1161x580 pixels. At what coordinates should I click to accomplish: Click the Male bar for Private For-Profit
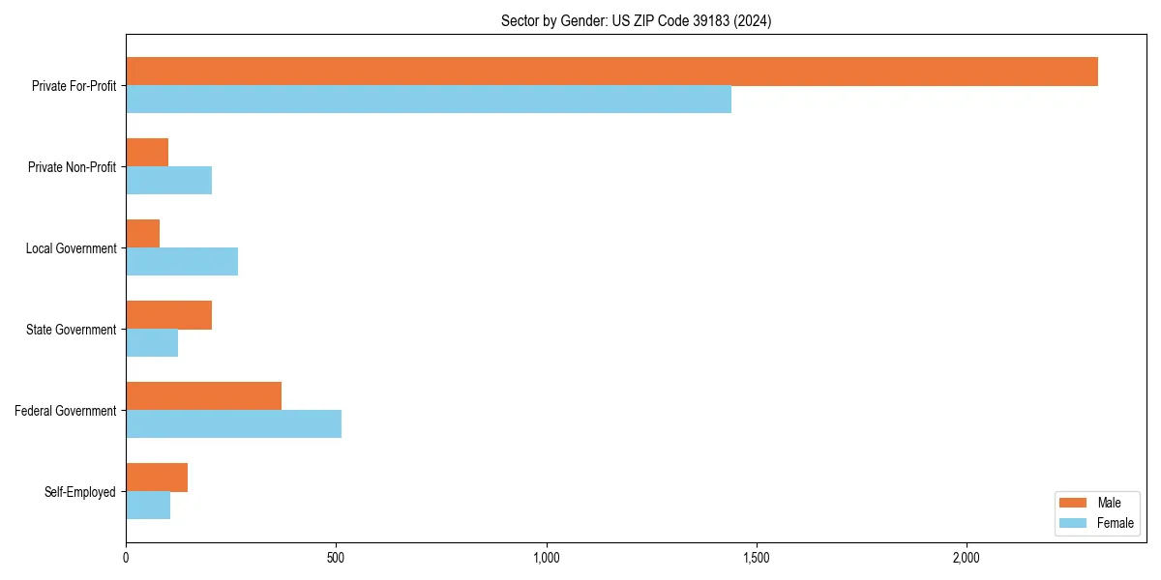click(611, 72)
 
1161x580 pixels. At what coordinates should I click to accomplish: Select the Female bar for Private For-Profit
click(429, 100)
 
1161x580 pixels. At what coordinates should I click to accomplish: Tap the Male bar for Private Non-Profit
click(147, 153)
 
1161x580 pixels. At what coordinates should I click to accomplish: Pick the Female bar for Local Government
click(182, 262)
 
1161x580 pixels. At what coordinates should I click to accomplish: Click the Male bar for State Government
click(168, 315)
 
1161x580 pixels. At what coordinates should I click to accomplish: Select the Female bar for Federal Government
click(233, 424)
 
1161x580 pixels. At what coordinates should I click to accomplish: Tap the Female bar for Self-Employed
click(148, 506)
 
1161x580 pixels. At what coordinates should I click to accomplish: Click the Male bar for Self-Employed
click(157, 478)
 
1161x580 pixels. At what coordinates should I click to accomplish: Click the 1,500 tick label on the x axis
click(756, 558)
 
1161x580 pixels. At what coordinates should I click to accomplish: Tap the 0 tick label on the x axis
click(126, 558)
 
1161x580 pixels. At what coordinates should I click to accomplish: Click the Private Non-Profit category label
click(72, 167)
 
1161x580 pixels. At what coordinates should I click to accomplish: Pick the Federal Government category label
click(65, 411)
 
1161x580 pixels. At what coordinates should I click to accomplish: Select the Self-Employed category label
click(79, 492)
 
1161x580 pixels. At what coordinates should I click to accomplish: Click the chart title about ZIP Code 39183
click(636, 20)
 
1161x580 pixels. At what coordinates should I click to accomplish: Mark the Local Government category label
click(71, 248)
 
